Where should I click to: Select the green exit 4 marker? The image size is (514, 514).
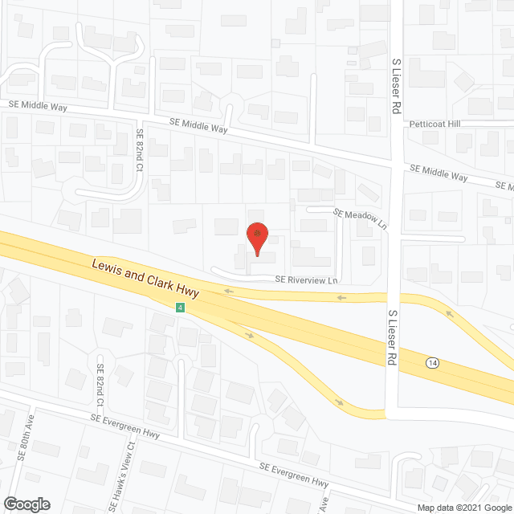(182, 308)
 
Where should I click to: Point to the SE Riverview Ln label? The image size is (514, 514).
(307, 280)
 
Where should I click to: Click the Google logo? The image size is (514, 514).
(26, 504)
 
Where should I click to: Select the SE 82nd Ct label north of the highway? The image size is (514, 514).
(140, 150)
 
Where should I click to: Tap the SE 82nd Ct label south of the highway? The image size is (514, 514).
(101, 382)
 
